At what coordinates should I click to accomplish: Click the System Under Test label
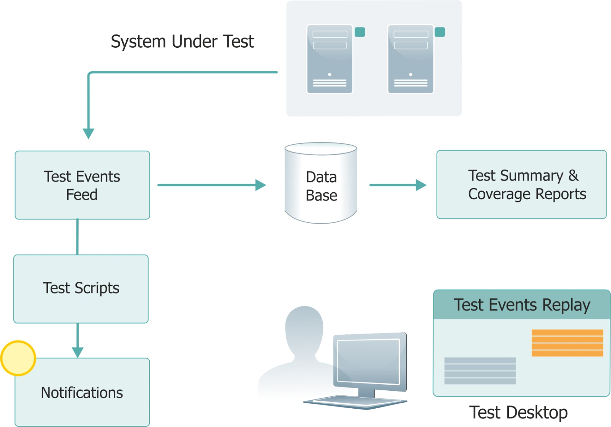pyautogui.click(x=182, y=41)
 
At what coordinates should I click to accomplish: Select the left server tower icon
pyautogui.click(x=330, y=59)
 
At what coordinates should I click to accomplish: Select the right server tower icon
pyautogui.click(x=411, y=59)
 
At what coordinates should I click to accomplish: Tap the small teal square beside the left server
pyautogui.click(x=360, y=32)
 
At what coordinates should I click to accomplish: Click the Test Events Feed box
pyautogui.click(x=82, y=185)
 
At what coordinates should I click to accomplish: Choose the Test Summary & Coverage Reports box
pyautogui.click(x=521, y=185)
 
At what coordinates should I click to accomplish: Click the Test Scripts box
pyautogui.click(x=81, y=289)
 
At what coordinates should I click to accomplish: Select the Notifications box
pyautogui.click(x=82, y=392)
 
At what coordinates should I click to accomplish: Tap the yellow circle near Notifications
pyautogui.click(x=18, y=358)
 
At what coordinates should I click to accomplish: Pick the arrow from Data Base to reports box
pyautogui.click(x=397, y=185)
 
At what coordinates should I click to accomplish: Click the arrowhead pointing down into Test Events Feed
pyautogui.click(x=88, y=133)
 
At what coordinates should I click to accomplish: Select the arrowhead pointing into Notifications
pyautogui.click(x=78, y=352)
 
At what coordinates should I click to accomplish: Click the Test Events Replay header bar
pyautogui.click(x=522, y=305)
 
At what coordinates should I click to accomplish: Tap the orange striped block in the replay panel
pyautogui.click(x=567, y=343)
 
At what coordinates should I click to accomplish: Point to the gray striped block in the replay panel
pyautogui.click(x=480, y=371)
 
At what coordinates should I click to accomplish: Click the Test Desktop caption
pyautogui.click(x=518, y=412)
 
